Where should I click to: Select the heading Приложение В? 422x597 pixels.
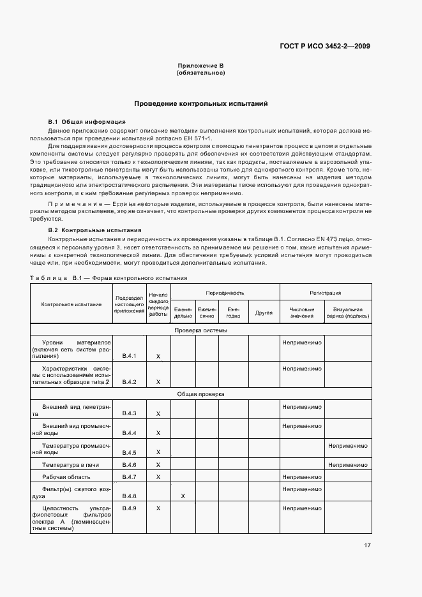200,66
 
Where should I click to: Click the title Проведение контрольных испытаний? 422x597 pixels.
200,103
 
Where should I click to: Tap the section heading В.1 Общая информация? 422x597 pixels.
87,121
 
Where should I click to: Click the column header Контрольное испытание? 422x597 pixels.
72,304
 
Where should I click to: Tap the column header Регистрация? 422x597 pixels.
325,293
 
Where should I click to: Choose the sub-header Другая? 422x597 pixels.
264,313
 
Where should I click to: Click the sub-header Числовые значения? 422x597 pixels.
302,313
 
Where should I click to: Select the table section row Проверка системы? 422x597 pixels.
200,330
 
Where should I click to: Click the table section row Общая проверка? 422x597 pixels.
200,394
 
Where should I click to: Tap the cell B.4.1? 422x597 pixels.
130,355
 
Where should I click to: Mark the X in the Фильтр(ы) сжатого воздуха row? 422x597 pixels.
183,496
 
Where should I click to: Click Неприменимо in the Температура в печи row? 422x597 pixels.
348,465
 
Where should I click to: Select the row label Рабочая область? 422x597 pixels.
66,476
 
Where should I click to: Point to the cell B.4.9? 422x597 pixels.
130,508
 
